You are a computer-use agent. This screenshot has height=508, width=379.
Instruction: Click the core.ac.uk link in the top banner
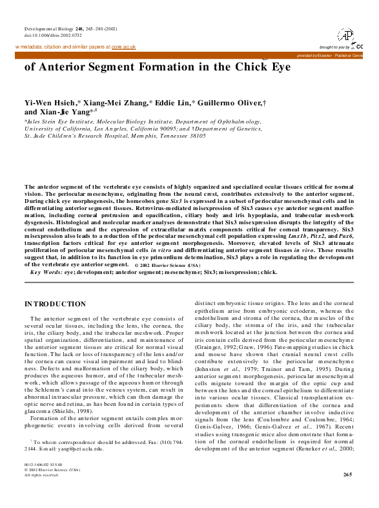(x=123, y=47)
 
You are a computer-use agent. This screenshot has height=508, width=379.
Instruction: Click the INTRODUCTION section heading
(x=55, y=303)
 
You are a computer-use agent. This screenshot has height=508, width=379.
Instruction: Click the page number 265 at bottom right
(x=348, y=492)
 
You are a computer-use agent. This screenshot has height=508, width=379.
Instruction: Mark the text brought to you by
(x=334, y=47)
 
